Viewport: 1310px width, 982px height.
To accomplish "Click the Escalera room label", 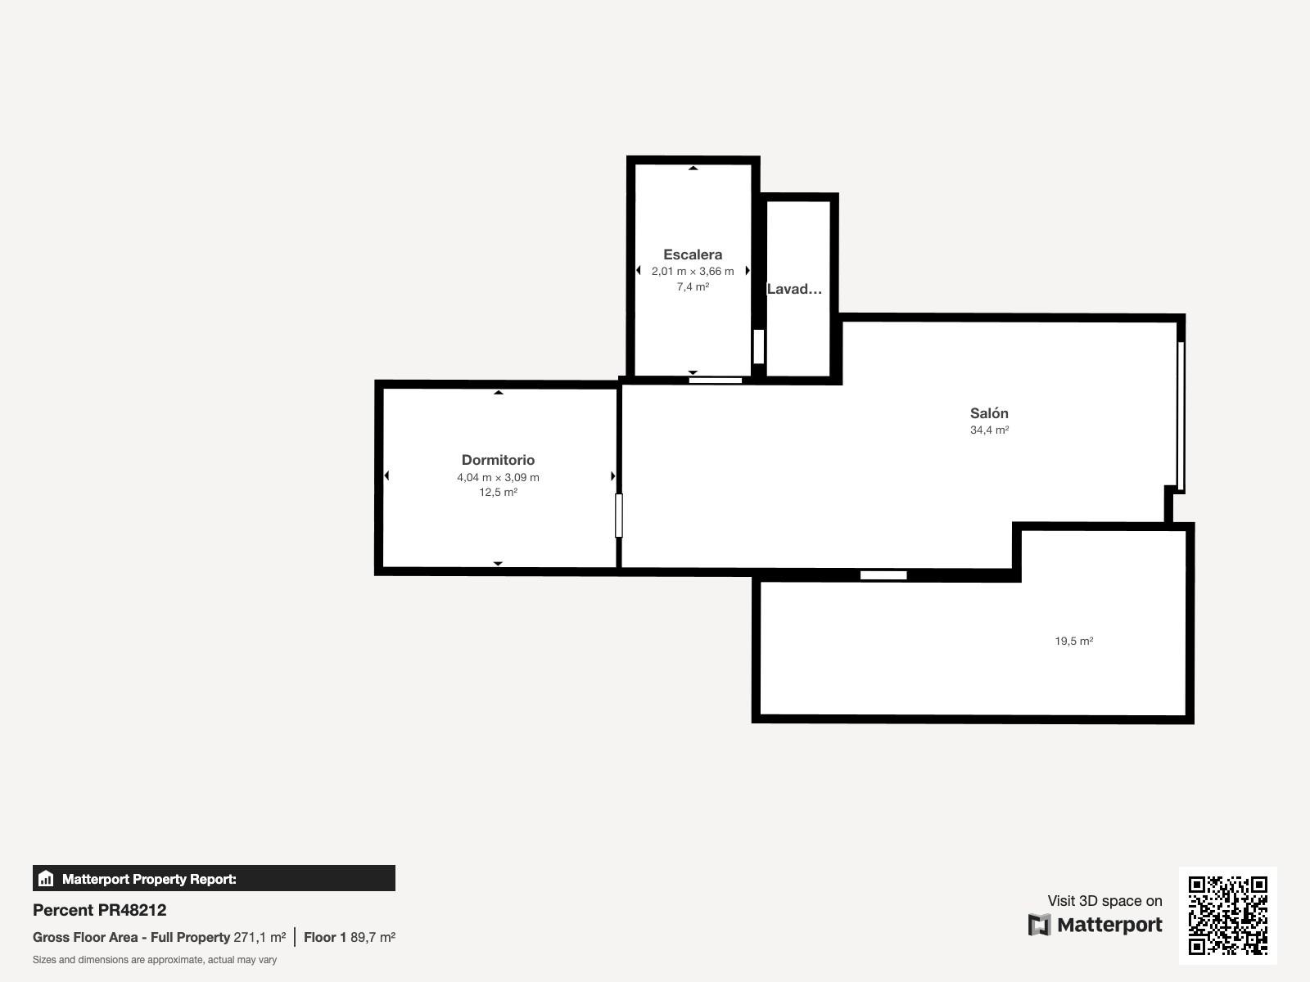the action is [x=693, y=255].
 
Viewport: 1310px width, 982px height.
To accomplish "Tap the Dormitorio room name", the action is [x=498, y=460].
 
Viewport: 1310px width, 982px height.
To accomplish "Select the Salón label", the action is [x=989, y=412].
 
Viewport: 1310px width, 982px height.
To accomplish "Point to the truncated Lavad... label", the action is [x=794, y=289].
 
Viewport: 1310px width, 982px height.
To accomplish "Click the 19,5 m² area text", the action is [x=1073, y=641].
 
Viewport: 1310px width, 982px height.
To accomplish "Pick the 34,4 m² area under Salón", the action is [x=989, y=430].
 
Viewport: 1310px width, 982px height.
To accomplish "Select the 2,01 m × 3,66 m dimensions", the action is [x=693, y=272].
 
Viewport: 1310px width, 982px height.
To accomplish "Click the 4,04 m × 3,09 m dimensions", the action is [x=498, y=477].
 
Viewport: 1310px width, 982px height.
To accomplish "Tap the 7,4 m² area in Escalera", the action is [x=693, y=286].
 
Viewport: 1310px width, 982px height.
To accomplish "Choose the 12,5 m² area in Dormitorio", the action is [x=498, y=492].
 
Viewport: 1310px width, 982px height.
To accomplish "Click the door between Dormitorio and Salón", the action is [x=619, y=516].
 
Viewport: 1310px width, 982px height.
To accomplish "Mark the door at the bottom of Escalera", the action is [x=715, y=381].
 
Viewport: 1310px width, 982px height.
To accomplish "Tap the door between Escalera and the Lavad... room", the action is [x=758, y=346].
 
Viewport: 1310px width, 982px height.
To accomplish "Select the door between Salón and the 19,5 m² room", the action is [x=883, y=574].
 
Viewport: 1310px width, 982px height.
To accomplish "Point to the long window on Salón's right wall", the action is [x=1181, y=416].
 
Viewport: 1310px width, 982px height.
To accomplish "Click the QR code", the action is [x=1227, y=915].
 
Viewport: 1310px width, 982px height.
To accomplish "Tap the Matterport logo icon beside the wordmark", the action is [x=1039, y=925].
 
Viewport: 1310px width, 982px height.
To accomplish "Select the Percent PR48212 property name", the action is [x=99, y=910].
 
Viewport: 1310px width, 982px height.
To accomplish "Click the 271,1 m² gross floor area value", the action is [x=260, y=937].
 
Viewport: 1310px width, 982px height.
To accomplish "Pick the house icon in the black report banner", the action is [x=46, y=878].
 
